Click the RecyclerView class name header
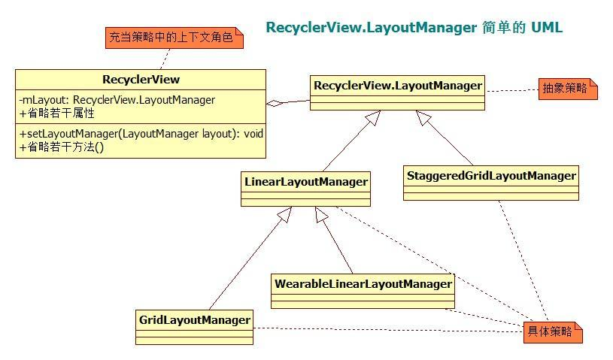141,80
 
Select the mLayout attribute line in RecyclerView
117,100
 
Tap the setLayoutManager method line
141,133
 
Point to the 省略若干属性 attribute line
56,113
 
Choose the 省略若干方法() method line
61,147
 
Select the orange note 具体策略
552,331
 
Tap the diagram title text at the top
414,28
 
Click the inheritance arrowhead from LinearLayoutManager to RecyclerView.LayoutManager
371,118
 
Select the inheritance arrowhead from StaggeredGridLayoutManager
423,117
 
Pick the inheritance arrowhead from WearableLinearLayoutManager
321,215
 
